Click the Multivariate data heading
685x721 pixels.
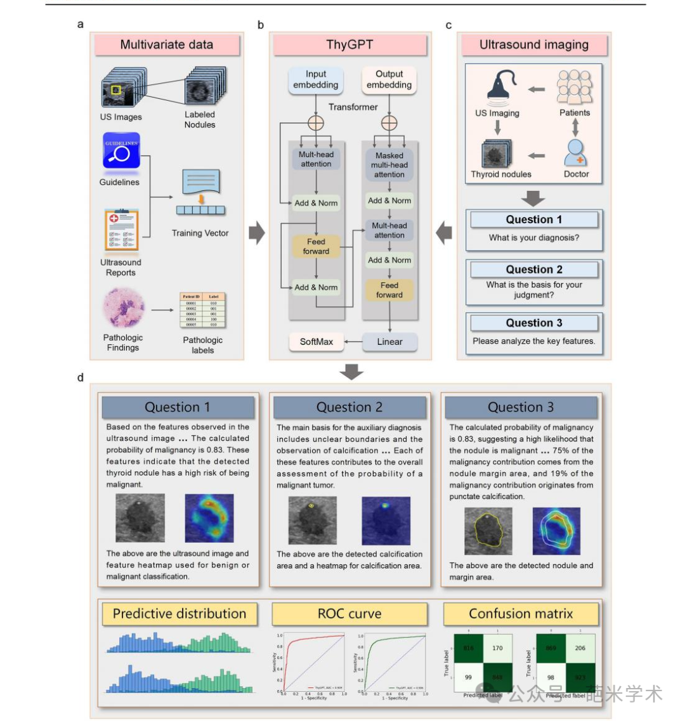167,45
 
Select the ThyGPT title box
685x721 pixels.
349,45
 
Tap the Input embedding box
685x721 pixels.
316,80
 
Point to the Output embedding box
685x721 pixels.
389,80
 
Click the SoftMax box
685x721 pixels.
316,342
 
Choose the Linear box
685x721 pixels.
389,342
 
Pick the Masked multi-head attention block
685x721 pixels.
389,164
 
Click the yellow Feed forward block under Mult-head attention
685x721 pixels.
316,246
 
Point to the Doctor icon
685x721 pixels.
576,152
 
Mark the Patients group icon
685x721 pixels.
575,87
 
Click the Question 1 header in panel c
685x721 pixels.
533,220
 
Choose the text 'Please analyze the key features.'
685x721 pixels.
533,341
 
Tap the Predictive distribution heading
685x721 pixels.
179,614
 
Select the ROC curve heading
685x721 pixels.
349,614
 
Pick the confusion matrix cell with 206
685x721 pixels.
580,648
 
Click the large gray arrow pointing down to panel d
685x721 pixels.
351,372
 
